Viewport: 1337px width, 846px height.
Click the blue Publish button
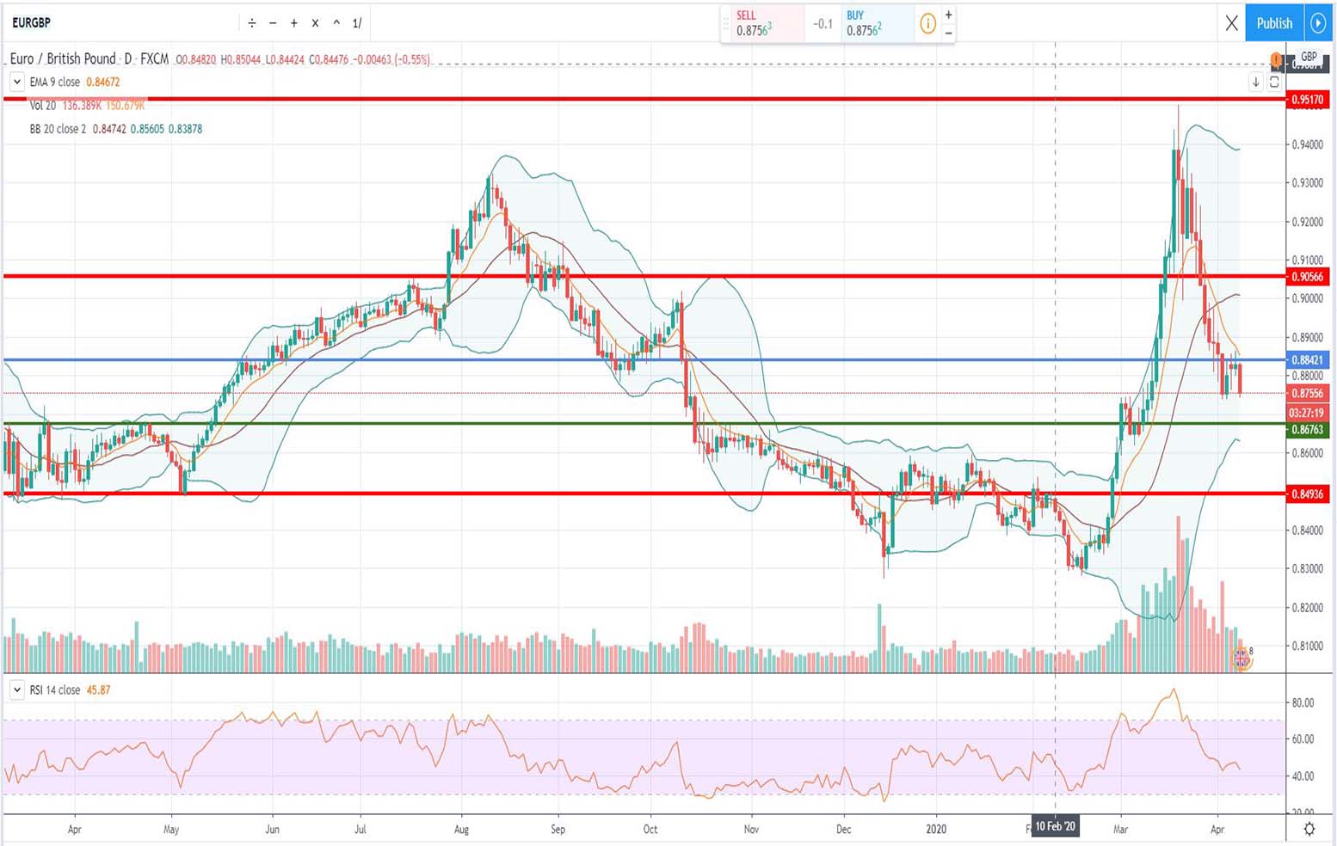point(1274,23)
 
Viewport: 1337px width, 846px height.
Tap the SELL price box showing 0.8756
point(762,23)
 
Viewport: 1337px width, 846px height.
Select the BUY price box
point(873,23)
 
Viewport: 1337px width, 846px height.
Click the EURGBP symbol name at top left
point(31,23)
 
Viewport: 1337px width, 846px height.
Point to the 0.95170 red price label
point(1307,100)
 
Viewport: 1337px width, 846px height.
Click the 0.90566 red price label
point(1307,277)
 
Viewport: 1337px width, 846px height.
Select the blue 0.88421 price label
point(1307,360)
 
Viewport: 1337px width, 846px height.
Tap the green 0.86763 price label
point(1307,429)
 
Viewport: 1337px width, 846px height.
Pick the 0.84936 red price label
point(1307,494)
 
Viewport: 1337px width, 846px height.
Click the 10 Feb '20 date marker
point(1055,827)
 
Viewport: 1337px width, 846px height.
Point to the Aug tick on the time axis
point(461,830)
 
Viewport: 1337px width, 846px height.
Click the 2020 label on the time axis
point(936,830)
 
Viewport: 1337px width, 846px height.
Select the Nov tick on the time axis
point(751,830)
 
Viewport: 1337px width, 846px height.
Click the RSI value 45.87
point(98,690)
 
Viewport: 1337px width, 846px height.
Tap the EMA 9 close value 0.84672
point(103,83)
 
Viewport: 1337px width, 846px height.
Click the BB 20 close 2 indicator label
point(58,129)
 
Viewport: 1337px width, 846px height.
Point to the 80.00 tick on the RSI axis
point(1303,702)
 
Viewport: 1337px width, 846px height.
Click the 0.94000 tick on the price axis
point(1307,144)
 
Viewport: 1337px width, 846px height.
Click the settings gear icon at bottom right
point(1309,829)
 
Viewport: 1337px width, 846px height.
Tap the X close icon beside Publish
point(1231,23)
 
